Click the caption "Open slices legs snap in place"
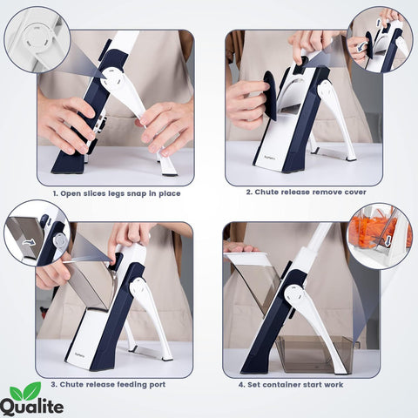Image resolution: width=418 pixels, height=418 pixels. pos(116,193)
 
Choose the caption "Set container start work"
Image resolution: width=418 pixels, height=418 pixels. pos(303,383)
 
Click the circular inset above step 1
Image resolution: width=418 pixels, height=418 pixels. pos(36,39)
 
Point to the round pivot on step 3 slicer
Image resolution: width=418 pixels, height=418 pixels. pos(138,284)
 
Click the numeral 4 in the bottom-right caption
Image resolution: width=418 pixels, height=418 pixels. pos(242,383)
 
